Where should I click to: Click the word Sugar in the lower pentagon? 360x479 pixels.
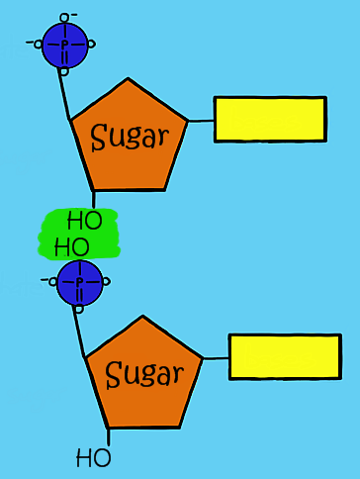coord(144,374)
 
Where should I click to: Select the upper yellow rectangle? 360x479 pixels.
coord(270,119)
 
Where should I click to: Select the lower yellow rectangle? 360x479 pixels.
coord(285,356)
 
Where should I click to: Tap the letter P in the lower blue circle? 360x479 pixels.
coord(80,282)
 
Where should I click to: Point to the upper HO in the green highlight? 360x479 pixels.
coord(84,219)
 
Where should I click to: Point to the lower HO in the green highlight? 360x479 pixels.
coord(71,245)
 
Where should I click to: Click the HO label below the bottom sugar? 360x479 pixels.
coord(94,458)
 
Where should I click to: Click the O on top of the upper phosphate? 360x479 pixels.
coord(65,17)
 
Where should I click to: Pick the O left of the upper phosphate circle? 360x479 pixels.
coord(39,44)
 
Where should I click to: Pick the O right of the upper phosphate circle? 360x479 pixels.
coord(92,44)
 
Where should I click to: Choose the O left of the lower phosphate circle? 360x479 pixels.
coord(52,281)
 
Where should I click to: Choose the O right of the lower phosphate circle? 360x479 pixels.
coord(106,282)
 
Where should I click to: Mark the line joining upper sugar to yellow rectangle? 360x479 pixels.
coord(201,121)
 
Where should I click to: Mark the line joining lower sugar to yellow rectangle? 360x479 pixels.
coord(216,359)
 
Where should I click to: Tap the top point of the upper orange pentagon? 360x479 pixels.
coord(128,79)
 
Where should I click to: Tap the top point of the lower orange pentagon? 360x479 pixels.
coord(142,318)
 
